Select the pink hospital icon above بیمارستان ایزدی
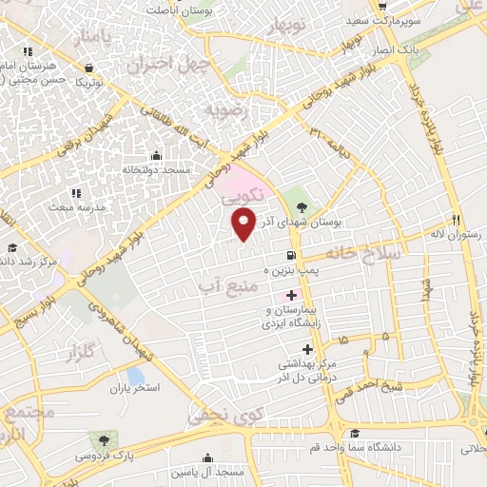click(x=290, y=297)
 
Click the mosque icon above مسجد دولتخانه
click(x=157, y=153)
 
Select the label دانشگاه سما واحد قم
click(x=356, y=446)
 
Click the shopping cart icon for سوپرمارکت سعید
click(x=380, y=5)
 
